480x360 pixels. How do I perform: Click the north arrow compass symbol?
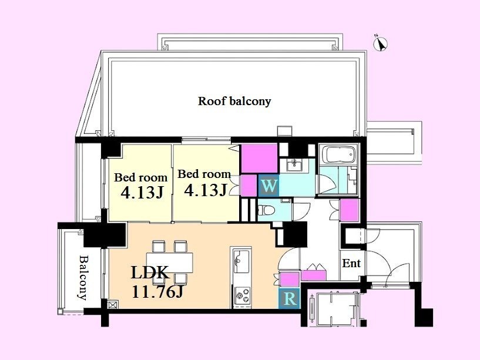point(381,44)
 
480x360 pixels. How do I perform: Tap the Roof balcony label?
point(234,101)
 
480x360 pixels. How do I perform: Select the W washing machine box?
point(268,186)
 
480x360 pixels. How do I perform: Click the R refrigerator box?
point(289,298)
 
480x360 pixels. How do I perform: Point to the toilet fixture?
point(266,210)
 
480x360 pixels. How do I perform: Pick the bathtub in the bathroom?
point(338,154)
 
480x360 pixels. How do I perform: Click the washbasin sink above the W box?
point(295,164)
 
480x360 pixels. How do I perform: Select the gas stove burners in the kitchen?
point(242,295)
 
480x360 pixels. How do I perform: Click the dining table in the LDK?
point(169,263)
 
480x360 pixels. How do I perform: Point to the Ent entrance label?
point(351,263)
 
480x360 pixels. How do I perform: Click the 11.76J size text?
point(157,291)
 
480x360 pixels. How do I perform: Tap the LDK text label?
point(150,272)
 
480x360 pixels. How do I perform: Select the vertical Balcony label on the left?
point(83,277)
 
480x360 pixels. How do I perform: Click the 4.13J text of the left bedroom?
point(142,192)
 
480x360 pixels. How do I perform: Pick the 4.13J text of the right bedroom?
point(206,190)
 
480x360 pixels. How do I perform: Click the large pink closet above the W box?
point(260,159)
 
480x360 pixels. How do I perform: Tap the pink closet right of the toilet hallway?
point(350,210)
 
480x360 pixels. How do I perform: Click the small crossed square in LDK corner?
point(113,305)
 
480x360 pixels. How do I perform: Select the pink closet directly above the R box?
point(290,280)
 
